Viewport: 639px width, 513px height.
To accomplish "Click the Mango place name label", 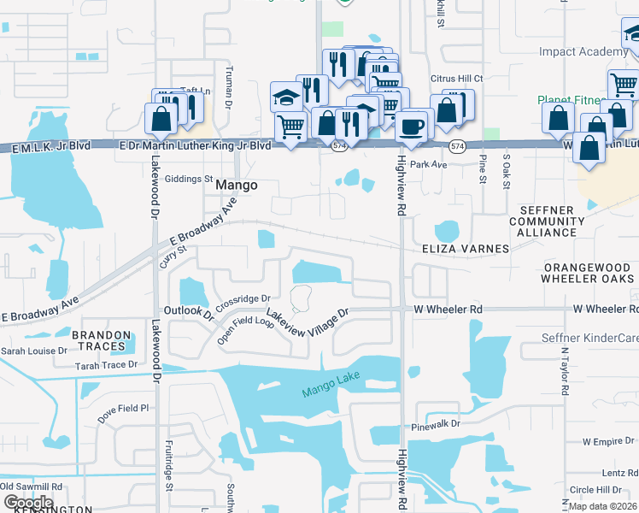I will [237, 185].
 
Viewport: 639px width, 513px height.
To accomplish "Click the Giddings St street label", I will [189, 180].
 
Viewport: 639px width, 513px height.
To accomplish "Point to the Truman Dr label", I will [228, 88].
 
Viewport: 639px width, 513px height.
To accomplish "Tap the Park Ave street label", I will [429, 164].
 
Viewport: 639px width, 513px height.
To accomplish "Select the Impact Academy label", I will [583, 52].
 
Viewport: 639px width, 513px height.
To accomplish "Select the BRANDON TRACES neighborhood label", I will [102, 341].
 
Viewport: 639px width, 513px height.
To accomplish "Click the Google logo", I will [28, 502].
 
